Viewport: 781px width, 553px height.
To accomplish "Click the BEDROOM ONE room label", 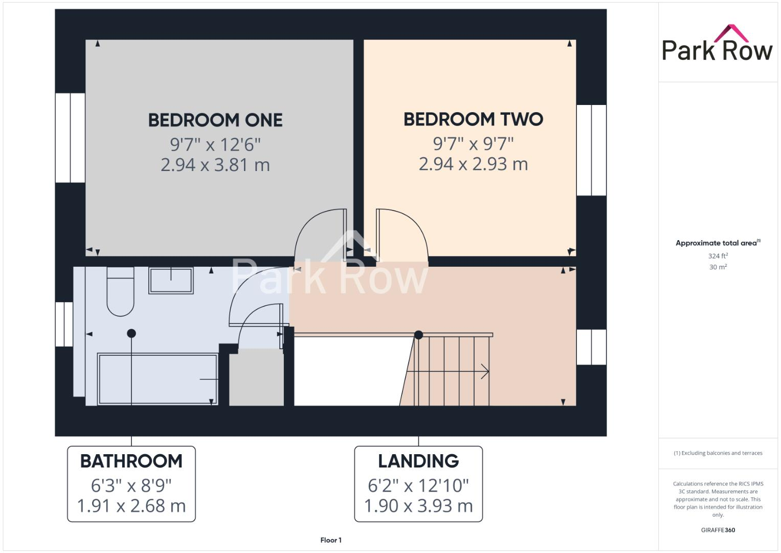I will [x=215, y=120].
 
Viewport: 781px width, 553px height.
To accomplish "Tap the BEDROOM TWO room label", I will [x=473, y=119].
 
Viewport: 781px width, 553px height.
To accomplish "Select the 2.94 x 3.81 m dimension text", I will [x=215, y=165].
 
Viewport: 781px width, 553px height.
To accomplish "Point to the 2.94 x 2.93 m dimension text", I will [x=473, y=164].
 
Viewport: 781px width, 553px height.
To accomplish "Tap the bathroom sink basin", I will [x=171, y=280].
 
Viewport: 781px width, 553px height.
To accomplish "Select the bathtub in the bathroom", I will [x=158, y=379].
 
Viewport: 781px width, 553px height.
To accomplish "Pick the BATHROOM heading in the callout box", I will [x=131, y=461].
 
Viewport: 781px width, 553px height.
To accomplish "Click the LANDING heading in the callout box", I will [x=418, y=461].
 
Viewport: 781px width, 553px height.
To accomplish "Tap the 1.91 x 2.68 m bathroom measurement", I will [x=131, y=506].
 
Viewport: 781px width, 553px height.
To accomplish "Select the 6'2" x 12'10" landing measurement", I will [x=418, y=484].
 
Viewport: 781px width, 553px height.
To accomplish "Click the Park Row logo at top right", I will [x=717, y=45].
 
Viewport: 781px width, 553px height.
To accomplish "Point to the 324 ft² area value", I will [x=718, y=256].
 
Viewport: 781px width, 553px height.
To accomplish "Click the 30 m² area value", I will [x=718, y=267].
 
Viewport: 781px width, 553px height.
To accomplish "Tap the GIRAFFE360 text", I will [x=718, y=530].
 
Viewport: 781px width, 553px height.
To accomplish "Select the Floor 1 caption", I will [x=331, y=540].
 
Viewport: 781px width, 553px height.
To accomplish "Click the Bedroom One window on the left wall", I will [x=70, y=138].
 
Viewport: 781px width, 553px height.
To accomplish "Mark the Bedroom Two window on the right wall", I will [x=591, y=150].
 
